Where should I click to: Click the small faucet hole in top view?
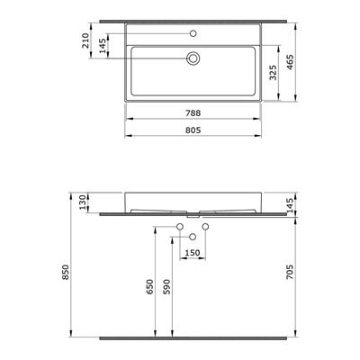[x=193, y=34]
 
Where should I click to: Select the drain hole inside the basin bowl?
[x=193, y=58]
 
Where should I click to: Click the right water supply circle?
[x=206, y=226]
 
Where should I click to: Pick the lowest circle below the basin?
[x=193, y=236]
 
